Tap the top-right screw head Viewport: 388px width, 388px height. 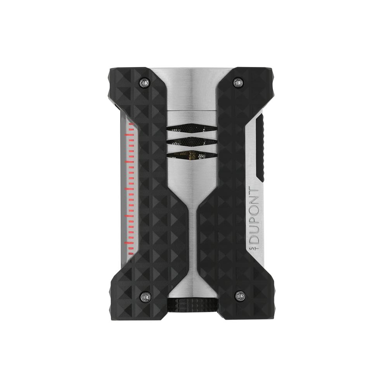coord(238,82)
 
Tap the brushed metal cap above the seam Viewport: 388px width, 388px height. coord(192,89)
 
